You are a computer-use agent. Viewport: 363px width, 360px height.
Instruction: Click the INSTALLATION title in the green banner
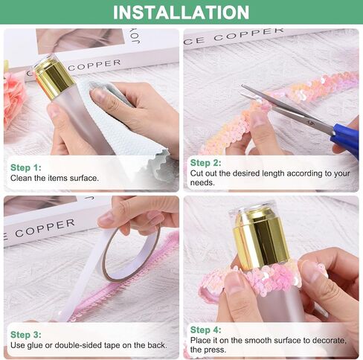click(181, 13)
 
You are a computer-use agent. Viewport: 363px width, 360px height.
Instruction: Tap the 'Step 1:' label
click(26, 167)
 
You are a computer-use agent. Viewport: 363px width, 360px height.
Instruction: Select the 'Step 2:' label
click(205, 163)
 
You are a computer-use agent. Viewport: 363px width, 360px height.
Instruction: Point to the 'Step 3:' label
click(26, 335)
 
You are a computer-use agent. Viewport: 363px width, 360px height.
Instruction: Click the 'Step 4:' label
click(205, 330)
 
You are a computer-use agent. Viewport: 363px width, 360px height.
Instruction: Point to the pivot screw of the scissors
click(309, 122)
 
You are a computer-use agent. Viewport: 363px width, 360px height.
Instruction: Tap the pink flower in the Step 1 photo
click(13, 99)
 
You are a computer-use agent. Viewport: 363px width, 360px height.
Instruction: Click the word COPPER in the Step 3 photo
click(45, 228)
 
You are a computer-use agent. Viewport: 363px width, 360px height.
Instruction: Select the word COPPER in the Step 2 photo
click(248, 34)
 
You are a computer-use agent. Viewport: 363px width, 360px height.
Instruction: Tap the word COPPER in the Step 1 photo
click(94, 65)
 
